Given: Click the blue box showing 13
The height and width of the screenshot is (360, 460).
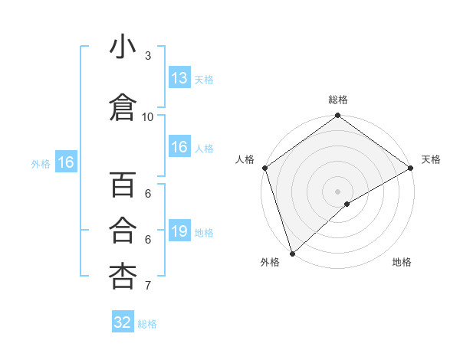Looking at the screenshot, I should (179, 78).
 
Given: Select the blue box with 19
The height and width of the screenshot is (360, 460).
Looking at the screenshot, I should (179, 231).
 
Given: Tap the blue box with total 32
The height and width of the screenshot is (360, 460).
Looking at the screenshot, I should (123, 322).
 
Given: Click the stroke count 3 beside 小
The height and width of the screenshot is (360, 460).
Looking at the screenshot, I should (148, 56).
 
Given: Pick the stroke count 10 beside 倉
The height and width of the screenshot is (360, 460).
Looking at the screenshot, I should (148, 116).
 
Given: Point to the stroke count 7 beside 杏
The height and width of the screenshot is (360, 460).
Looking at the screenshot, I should (148, 286).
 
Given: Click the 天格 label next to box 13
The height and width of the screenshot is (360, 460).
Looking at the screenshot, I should (204, 79).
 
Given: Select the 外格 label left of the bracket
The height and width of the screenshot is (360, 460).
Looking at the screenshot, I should (41, 163).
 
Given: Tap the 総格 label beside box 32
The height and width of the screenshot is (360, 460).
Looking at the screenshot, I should (147, 323).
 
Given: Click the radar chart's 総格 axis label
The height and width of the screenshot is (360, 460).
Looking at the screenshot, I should (338, 100).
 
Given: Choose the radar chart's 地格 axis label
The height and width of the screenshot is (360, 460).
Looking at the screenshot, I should (402, 262).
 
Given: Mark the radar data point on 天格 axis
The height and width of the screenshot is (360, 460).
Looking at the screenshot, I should (410, 169).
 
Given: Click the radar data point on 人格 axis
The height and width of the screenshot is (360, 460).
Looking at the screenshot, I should (264, 168).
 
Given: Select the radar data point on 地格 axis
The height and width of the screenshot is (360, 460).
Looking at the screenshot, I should (347, 203).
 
